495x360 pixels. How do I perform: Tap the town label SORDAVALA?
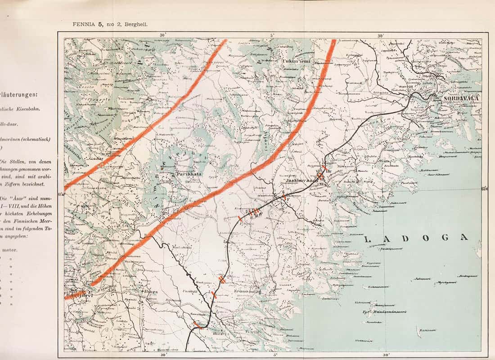(456, 98)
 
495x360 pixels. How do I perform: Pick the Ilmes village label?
(152, 292)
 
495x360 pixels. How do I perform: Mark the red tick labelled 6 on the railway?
(284, 197)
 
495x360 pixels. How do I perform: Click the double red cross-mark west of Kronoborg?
(221, 279)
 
